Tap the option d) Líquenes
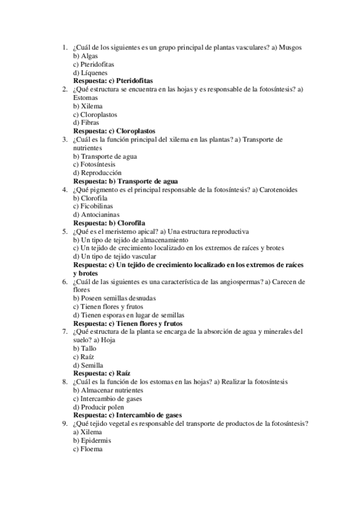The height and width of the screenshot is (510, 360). coord(87,72)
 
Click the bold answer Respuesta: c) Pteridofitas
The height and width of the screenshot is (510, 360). coord(112,80)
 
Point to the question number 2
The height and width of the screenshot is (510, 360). coord(65,89)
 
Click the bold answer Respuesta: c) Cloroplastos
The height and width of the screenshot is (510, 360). coord(114,131)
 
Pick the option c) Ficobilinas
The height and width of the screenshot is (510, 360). coord(93,206)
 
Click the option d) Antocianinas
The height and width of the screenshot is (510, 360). coord(96,214)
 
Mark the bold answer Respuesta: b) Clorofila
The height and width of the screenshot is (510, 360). coord(109,223)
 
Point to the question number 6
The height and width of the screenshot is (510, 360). coord(65,281)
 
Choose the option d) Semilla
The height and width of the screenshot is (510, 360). coord(88,364)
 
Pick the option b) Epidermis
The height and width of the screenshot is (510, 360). coord(88,440)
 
